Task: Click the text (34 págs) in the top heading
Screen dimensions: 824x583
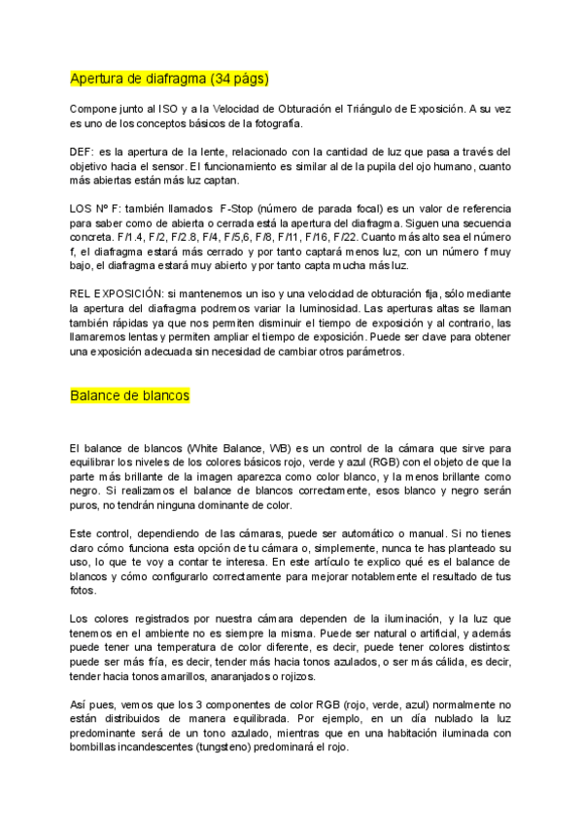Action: tap(234, 78)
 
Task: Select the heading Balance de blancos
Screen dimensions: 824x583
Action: tap(129, 395)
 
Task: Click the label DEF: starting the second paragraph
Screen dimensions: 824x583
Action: tap(85, 153)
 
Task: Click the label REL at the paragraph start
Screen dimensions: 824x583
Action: tap(83, 293)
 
